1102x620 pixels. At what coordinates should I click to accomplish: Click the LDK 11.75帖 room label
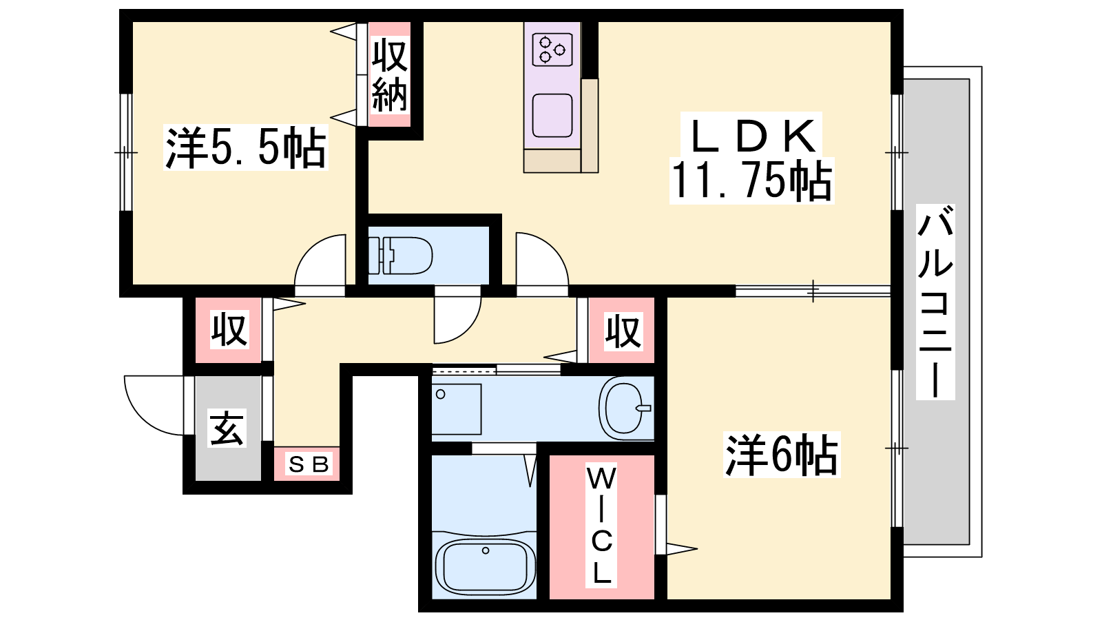[751, 158]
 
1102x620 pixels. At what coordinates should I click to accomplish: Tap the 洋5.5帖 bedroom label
[245, 147]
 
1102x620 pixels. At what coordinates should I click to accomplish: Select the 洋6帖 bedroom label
[782, 455]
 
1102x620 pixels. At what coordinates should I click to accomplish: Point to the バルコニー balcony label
[935, 302]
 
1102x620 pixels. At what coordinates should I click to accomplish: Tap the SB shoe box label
[309, 464]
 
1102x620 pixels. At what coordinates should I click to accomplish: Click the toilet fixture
[400, 256]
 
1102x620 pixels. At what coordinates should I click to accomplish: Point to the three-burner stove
[552, 49]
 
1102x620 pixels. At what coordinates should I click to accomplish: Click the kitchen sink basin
[552, 116]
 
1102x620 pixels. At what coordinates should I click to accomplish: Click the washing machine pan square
[457, 409]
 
